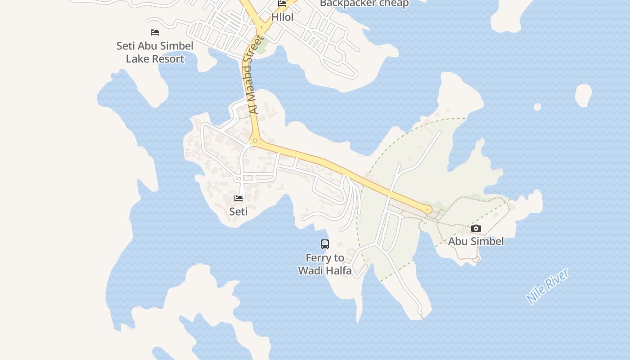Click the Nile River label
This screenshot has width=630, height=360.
click(x=548, y=286)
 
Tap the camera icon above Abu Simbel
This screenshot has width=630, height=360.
click(x=476, y=229)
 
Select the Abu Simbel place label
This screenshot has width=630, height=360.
click(x=476, y=241)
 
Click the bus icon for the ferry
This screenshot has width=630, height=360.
click(x=324, y=244)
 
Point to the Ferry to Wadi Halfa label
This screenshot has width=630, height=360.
click(x=324, y=264)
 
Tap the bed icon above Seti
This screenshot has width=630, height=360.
click(x=238, y=198)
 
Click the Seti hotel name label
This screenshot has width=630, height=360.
click(x=238, y=211)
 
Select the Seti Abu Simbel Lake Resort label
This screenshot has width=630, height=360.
click(x=155, y=52)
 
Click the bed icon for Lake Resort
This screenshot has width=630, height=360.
click(x=155, y=32)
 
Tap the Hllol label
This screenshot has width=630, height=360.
click(x=282, y=18)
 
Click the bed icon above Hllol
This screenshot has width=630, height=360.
click(x=282, y=4)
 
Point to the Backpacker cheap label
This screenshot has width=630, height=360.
click(x=364, y=4)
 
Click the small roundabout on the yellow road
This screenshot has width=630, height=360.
click(x=255, y=141)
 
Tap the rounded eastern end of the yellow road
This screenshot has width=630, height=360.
click(x=427, y=209)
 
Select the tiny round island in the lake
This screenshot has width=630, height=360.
click(x=537, y=107)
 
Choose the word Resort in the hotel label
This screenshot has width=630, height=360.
click(x=167, y=59)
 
